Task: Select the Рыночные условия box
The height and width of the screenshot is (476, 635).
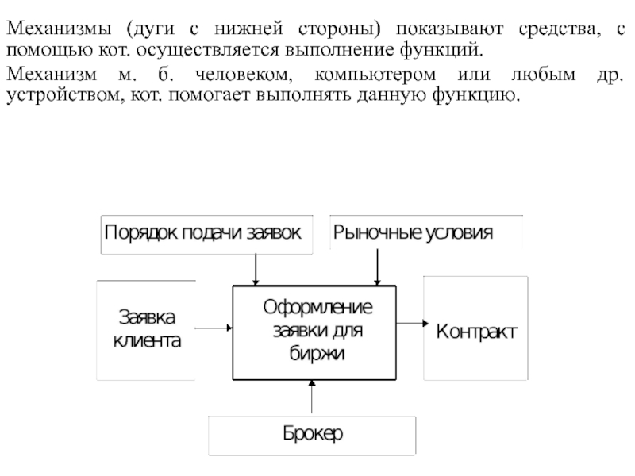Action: click(425, 233)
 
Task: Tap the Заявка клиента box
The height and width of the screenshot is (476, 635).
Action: click(146, 329)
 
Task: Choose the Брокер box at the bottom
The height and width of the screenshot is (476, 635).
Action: click(312, 435)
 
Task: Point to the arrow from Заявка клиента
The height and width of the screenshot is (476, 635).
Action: click(214, 328)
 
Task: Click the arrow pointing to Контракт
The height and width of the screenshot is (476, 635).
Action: click(410, 324)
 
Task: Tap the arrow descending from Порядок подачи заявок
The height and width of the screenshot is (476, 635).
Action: click(255, 269)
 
